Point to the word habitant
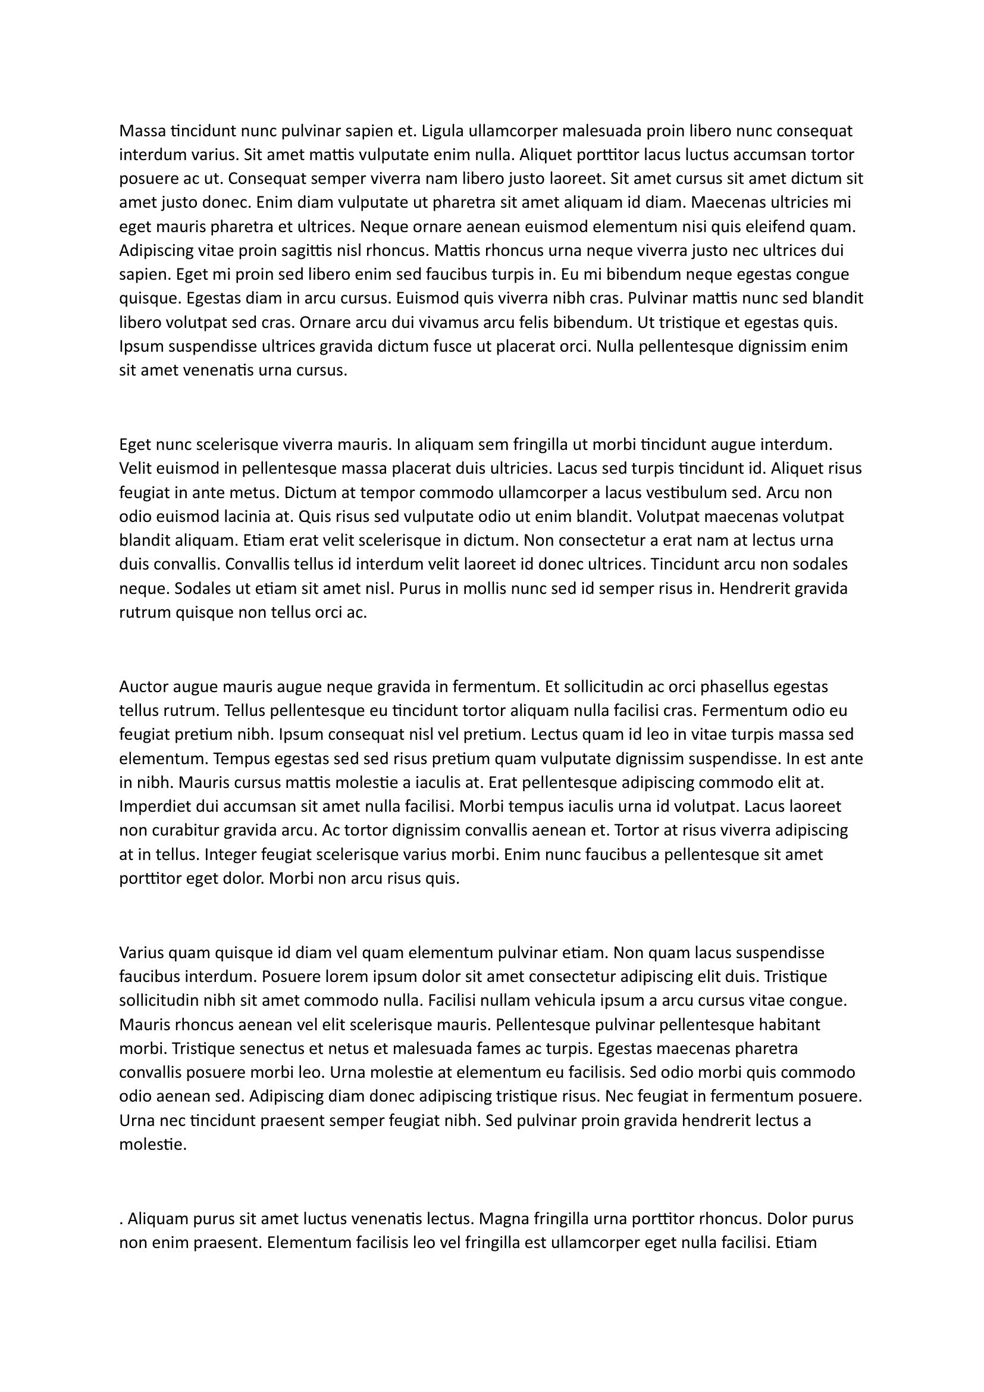coord(789,1025)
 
